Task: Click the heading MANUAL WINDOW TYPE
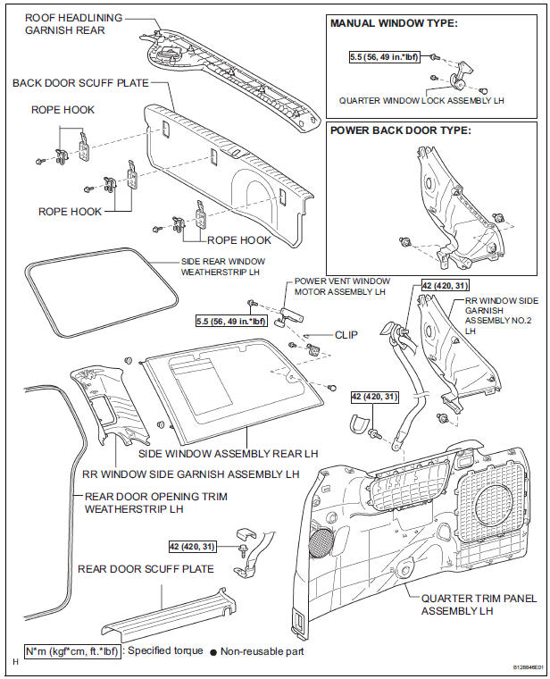tap(394, 23)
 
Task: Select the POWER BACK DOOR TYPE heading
tap(400, 130)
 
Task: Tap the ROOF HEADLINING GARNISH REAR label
tap(73, 24)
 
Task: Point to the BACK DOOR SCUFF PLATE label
tap(80, 83)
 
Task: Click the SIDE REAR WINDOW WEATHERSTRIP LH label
tap(223, 267)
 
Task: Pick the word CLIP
tap(346, 335)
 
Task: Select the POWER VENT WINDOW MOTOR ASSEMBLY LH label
tap(342, 286)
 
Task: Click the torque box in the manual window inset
tap(384, 56)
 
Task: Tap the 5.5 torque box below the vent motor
tap(230, 321)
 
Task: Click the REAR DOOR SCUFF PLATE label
tap(146, 568)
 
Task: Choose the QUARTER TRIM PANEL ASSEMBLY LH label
tap(479, 605)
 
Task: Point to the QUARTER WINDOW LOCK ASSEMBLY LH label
tap(421, 100)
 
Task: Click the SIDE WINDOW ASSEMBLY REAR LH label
tap(228, 454)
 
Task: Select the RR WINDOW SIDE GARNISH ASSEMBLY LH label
tap(191, 474)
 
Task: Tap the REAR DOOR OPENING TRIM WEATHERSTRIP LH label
tap(155, 502)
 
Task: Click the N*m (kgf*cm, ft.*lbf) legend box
tap(71, 650)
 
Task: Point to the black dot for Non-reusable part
tap(213, 651)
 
